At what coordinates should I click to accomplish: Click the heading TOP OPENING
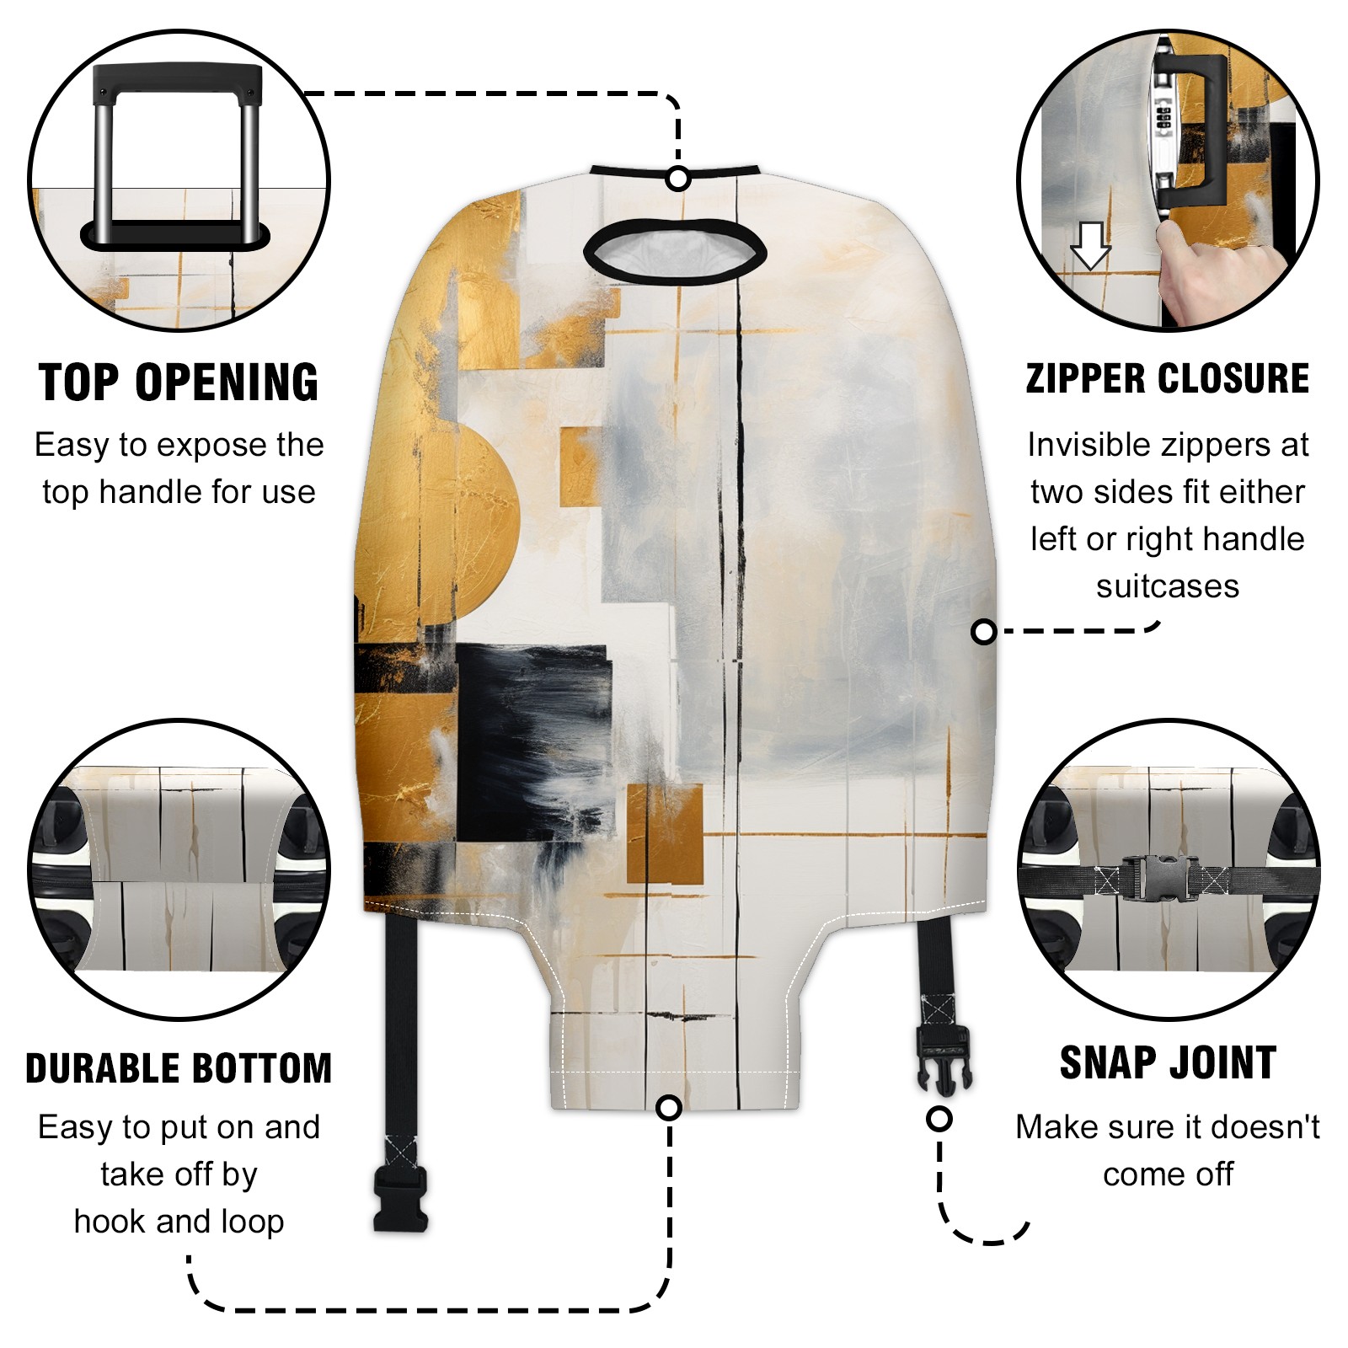[x=179, y=382]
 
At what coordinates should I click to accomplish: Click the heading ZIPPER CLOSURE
[x=1168, y=378]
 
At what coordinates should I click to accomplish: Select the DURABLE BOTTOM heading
[x=179, y=1068]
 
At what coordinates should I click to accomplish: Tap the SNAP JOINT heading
[x=1168, y=1062]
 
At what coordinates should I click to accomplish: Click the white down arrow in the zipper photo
[x=1090, y=245]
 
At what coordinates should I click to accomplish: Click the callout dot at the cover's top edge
[x=678, y=179]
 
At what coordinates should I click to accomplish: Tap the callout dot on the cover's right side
[x=983, y=631]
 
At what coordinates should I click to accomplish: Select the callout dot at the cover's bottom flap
[x=669, y=1107]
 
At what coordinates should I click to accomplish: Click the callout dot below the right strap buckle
[x=939, y=1119]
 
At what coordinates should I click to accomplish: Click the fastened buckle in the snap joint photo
[x=1154, y=878]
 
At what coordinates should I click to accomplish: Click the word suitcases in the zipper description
[x=1168, y=586]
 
